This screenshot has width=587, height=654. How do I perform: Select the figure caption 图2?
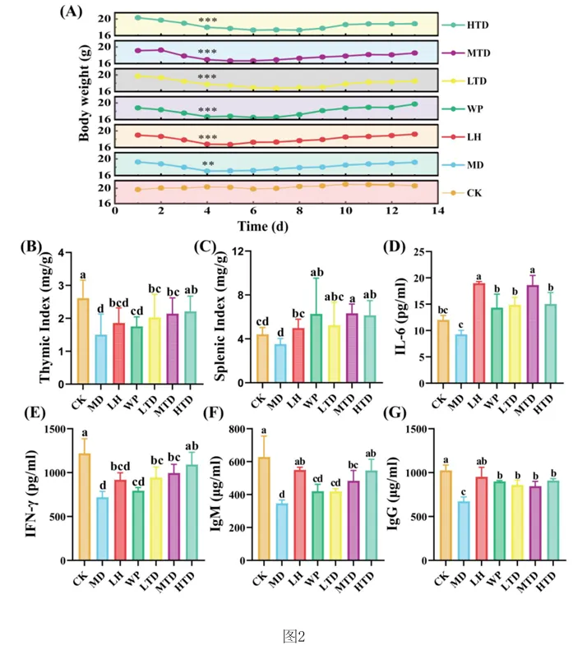click(293, 635)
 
